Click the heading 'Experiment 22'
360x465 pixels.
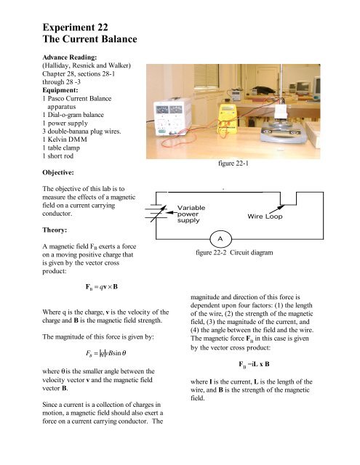pyautogui.click(x=75, y=28)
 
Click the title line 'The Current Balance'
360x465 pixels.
pyautogui.click(x=89, y=39)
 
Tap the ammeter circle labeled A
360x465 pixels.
pyautogui.click(x=220, y=239)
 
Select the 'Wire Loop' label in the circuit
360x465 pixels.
pyautogui.click(x=265, y=217)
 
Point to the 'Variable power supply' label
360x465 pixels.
pyautogui.click(x=191, y=214)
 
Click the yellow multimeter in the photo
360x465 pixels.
pyautogui.click(x=227, y=118)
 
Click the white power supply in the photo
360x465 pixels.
pyautogui.click(x=172, y=117)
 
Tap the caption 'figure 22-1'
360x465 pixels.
pyautogui.click(x=233, y=163)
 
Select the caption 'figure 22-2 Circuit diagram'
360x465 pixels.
pyautogui.click(x=234, y=253)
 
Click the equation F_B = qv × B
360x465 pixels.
pyautogui.click(x=102, y=287)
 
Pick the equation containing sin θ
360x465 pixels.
pyautogui.click(x=106, y=353)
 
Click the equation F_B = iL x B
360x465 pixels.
pyautogui.click(x=254, y=364)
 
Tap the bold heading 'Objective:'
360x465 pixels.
pyautogui.click(x=58, y=172)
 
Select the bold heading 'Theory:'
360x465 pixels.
pyautogui.click(x=55, y=230)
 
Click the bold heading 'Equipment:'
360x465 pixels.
pyautogui.click(x=60, y=90)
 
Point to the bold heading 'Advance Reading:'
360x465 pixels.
pyautogui.click(x=69, y=57)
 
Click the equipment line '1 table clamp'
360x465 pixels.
pyautogui.click(x=61, y=147)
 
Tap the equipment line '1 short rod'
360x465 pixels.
pyautogui.click(x=58, y=156)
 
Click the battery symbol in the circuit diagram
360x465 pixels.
pyautogui.click(x=156, y=211)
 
